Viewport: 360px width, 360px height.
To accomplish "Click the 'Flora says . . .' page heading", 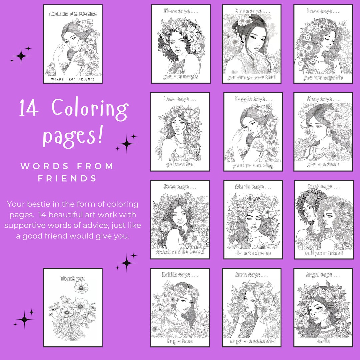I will pos(181,11).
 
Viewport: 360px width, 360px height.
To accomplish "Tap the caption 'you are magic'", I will pos(181,77).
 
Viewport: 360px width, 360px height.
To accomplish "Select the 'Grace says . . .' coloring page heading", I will pos(251,11).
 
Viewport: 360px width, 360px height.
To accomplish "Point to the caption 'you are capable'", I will pos(323,78).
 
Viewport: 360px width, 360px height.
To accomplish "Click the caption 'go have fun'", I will pos(180,164).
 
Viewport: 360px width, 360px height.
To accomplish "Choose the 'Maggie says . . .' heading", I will pos(253,99).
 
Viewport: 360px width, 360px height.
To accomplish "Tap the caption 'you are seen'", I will pos(323,164).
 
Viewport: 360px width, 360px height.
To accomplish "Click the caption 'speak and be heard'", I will pos(180,252).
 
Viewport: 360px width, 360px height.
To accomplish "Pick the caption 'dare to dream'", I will pos(253,253).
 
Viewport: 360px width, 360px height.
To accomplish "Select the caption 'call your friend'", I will pos(324,253).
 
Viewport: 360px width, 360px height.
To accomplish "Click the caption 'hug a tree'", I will pos(180,341).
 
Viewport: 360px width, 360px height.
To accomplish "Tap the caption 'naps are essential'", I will pos(253,341).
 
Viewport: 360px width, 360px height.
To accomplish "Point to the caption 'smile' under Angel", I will pos(323,341).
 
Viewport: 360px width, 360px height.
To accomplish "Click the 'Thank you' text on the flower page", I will pos(73,278).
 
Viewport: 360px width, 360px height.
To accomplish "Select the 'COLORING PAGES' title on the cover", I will pos(73,14).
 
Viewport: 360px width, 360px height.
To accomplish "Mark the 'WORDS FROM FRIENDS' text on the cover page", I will pos(73,79).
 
